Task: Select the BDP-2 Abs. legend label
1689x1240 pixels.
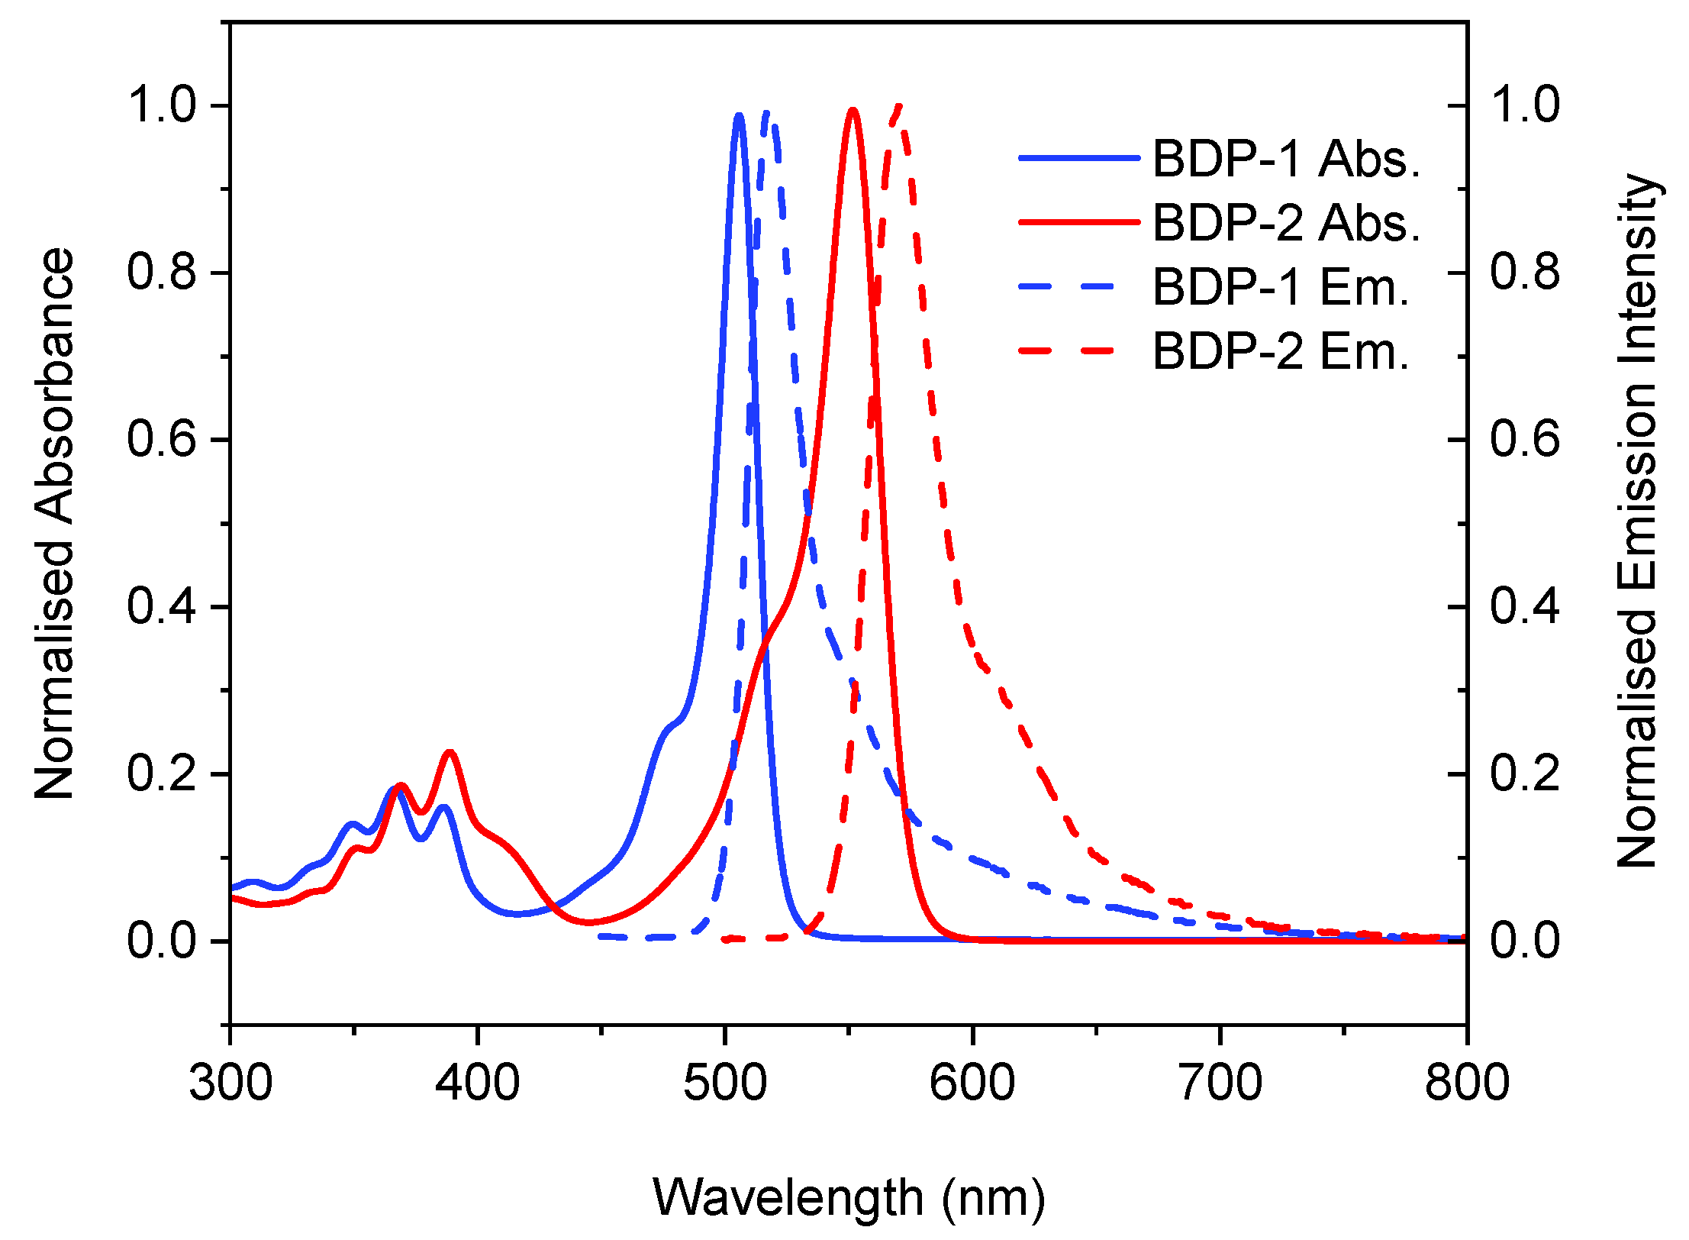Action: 1286,223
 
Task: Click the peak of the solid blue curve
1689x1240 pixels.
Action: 738,116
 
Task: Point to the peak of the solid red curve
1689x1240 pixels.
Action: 853,111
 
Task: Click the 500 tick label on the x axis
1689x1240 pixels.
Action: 724,1083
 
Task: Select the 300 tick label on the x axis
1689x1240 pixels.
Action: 230,1083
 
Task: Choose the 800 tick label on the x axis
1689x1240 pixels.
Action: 1466,1083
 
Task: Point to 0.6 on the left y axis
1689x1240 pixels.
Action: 162,440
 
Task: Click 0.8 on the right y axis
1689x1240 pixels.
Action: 1525,273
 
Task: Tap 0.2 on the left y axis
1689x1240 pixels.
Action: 162,773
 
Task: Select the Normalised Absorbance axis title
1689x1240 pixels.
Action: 55,524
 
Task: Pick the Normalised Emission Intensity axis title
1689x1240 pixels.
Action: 1637,521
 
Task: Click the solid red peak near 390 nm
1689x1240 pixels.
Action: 450,753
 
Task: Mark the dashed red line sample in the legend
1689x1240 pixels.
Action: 1067,351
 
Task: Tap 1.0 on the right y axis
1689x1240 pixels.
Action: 1525,105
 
